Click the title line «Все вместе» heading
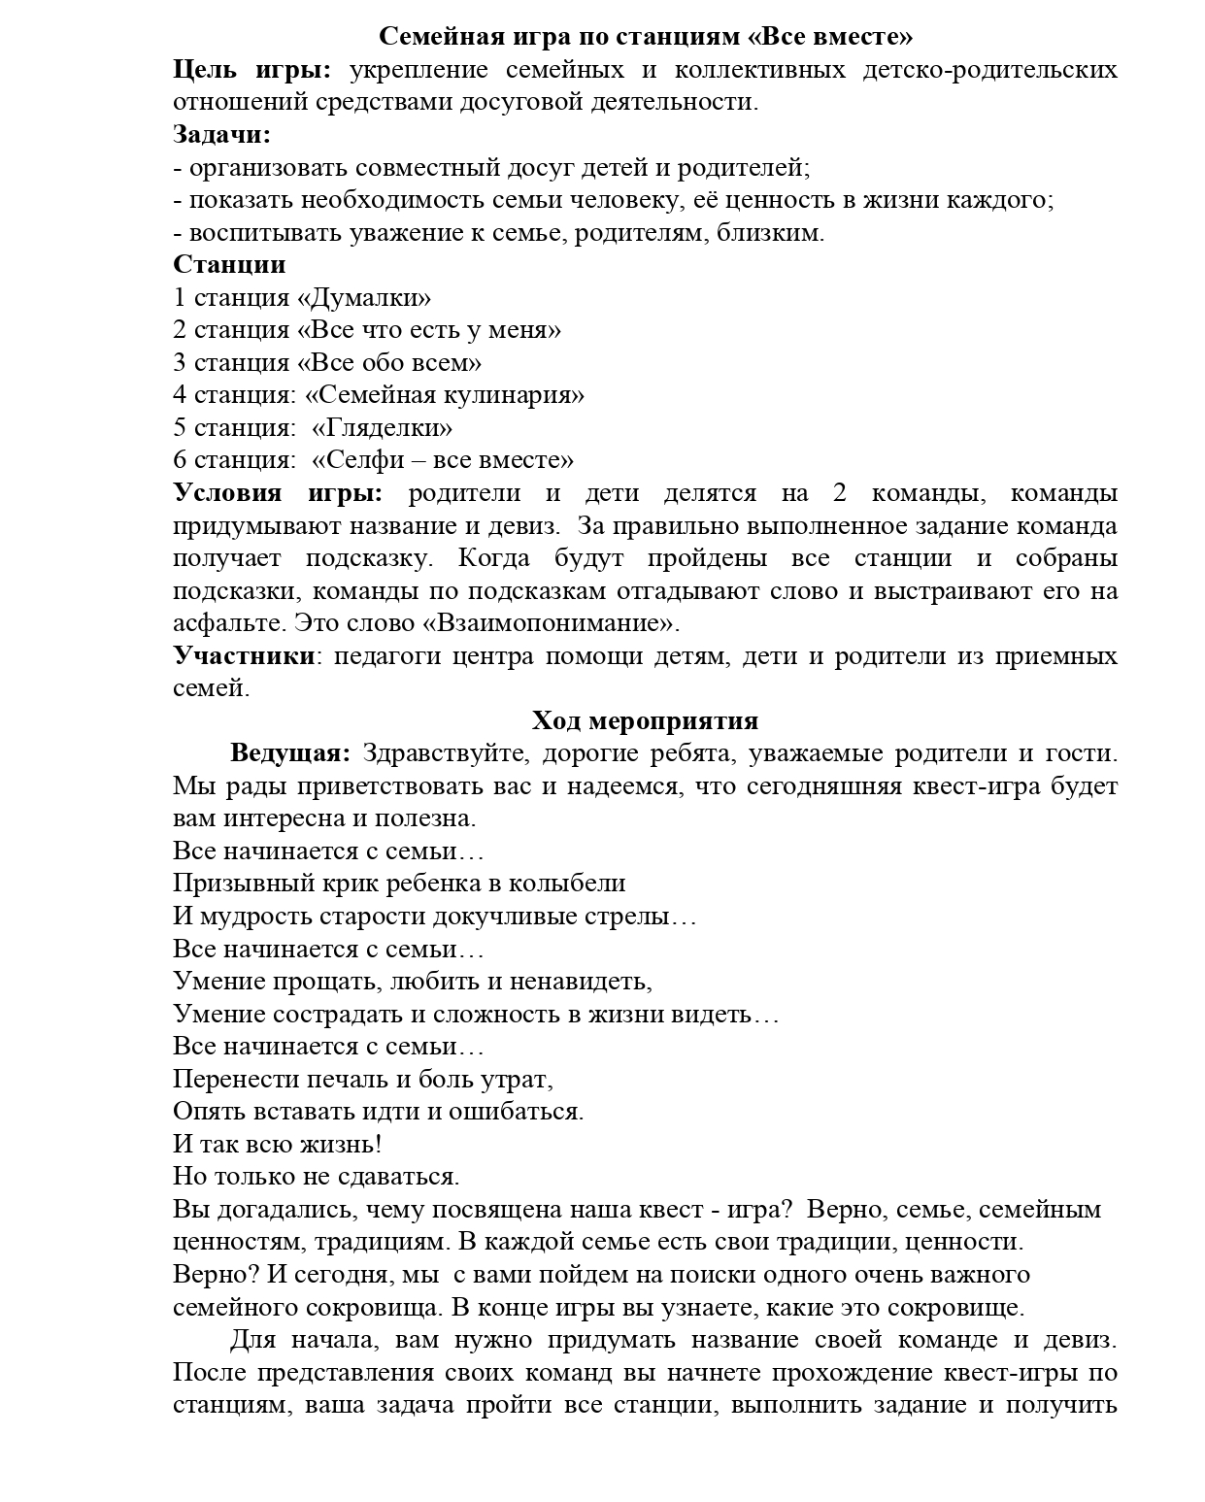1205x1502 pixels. point(645,37)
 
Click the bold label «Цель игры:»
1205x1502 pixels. point(251,70)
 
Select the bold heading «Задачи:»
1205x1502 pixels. point(221,135)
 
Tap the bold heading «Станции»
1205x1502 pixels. point(229,265)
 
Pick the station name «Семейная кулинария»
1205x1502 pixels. point(445,395)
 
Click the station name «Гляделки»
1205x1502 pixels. point(382,428)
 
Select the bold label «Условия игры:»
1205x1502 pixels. point(278,493)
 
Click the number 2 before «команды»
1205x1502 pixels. point(840,493)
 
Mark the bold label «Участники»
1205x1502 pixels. point(244,656)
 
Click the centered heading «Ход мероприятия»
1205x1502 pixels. point(645,721)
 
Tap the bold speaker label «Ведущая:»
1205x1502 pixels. point(289,753)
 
